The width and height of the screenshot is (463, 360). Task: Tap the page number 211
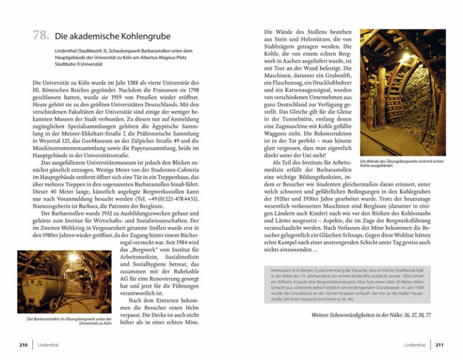pos(439,345)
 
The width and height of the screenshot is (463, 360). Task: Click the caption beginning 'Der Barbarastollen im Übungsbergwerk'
pos(70,322)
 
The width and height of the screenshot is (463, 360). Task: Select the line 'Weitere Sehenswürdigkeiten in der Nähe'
pos(371,314)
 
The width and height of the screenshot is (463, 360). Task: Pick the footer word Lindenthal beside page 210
pos(48,345)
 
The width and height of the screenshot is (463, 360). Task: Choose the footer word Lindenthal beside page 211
pos(414,345)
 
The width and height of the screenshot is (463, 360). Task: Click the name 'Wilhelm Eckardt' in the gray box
pos(298,282)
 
